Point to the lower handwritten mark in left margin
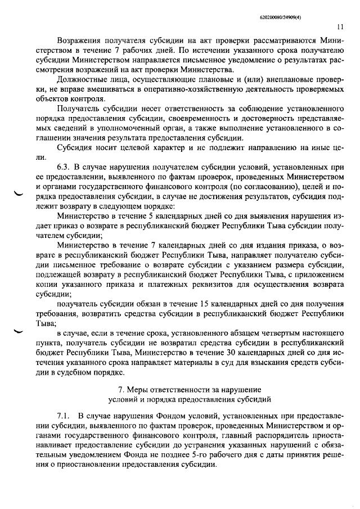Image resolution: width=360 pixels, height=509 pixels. [18, 331]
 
